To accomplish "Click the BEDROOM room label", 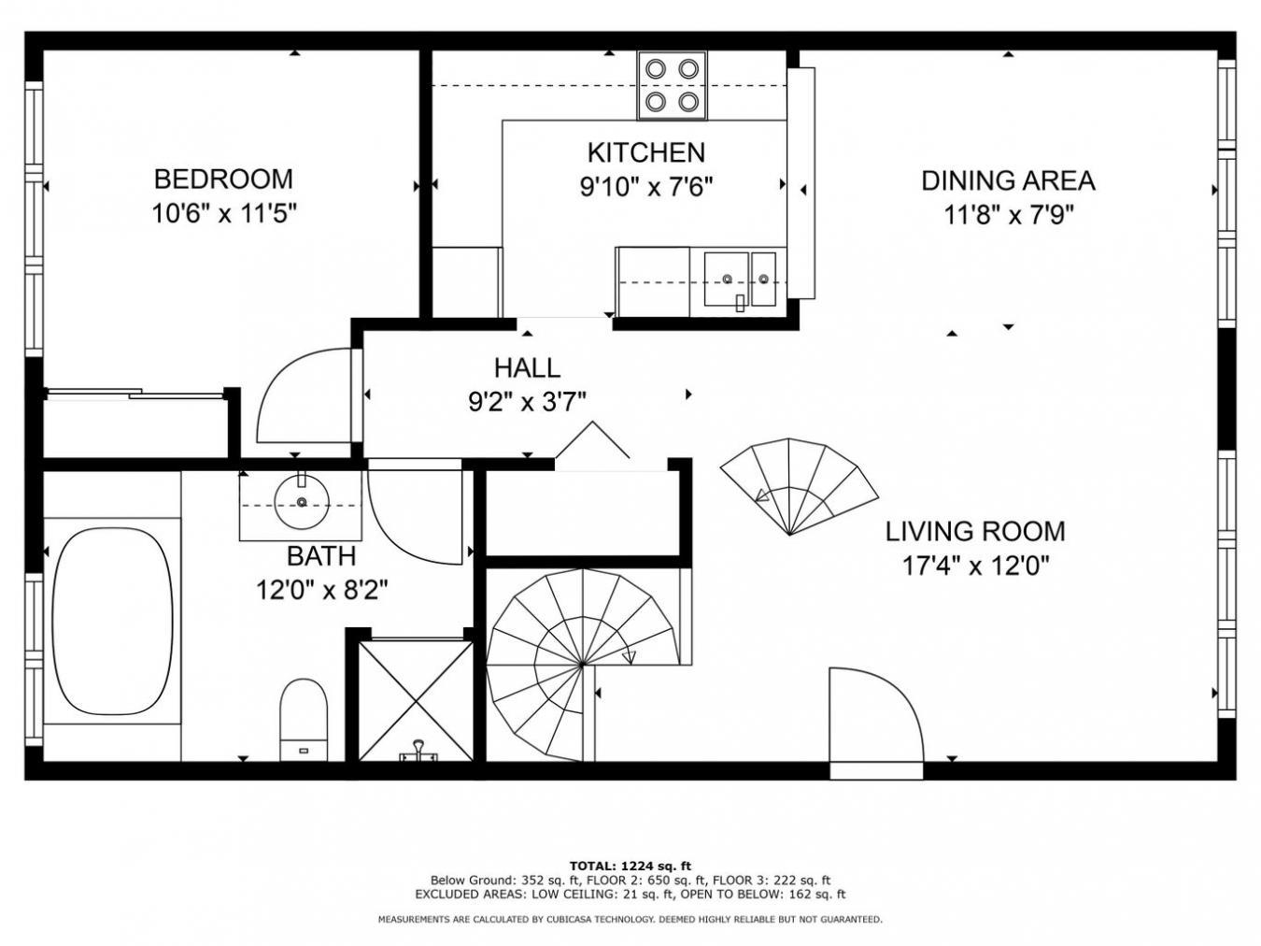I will tap(223, 179).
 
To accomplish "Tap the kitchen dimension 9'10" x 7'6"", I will tap(646, 187).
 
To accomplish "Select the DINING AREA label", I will tap(1008, 180).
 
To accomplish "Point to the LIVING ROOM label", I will tap(975, 531).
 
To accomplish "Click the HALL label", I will tap(527, 367).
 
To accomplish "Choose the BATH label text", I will tap(320, 556).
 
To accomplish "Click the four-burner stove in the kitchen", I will tap(672, 85).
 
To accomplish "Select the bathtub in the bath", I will tap(112, 622).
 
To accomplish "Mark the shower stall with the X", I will tap(416, 699).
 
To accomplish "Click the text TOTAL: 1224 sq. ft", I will tap(630, 866).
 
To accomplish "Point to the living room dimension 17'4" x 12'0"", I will tap(975, 566).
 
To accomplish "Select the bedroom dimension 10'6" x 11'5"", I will tap(223, 214).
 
